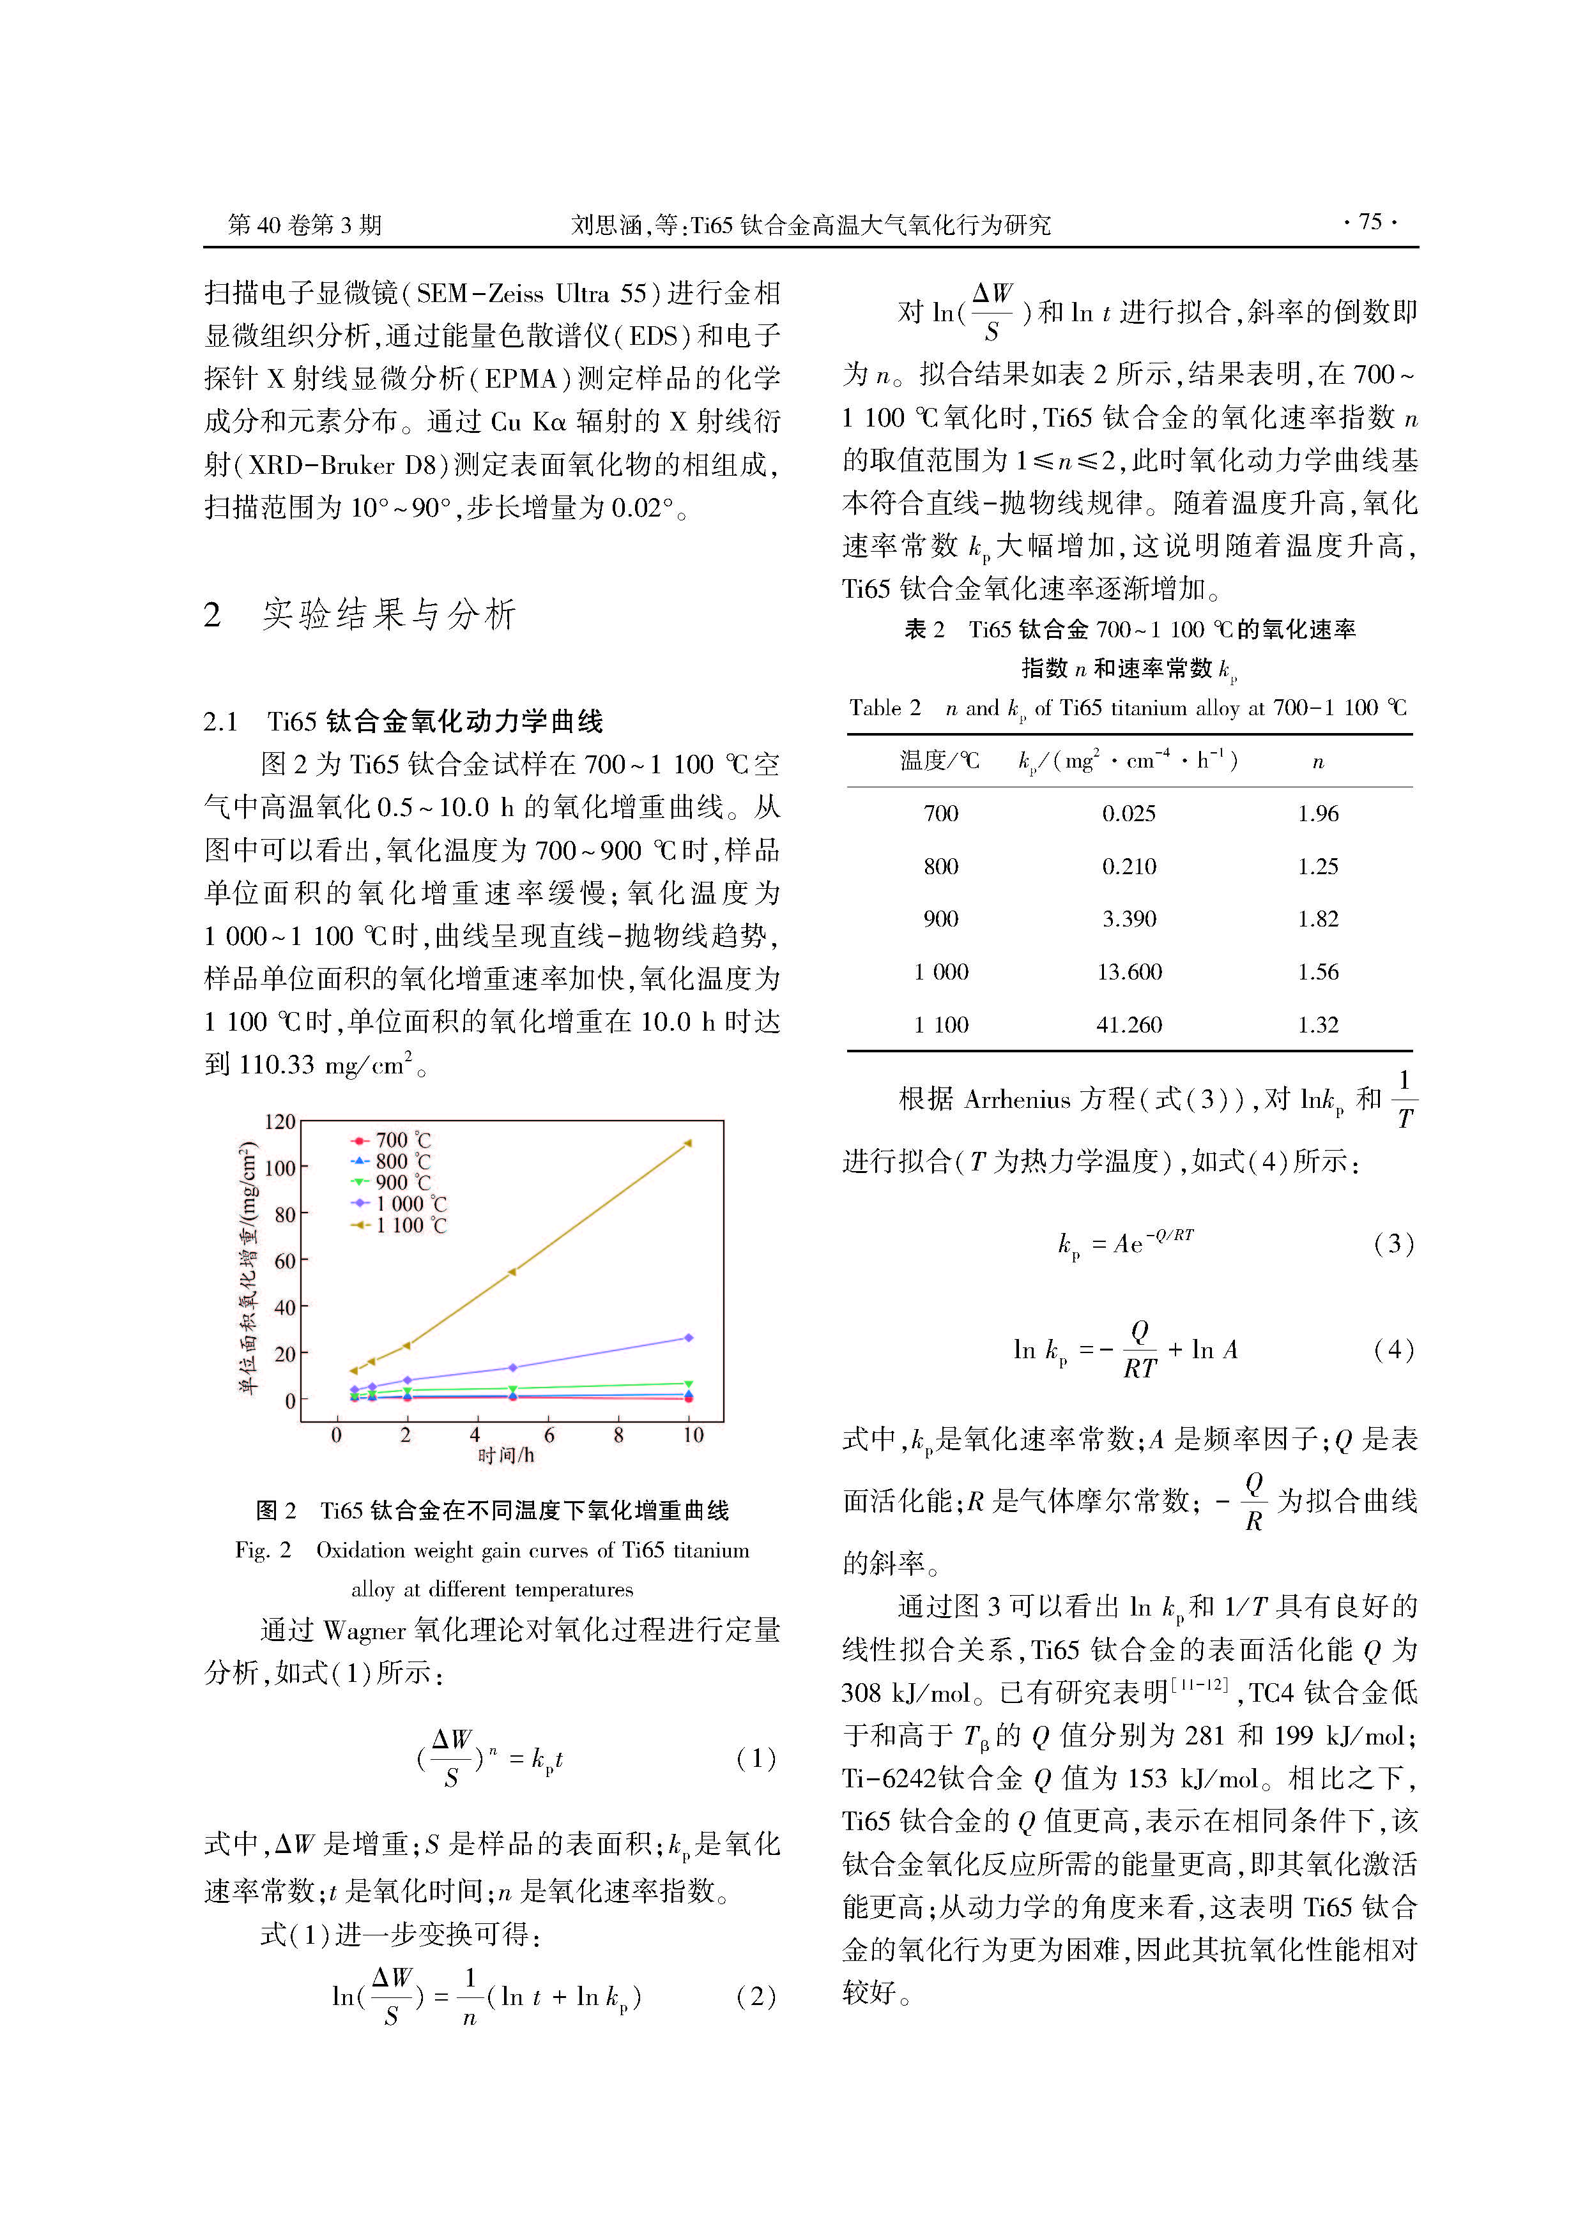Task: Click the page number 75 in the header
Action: point(1370,222)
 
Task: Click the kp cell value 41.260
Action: point(1129,1024)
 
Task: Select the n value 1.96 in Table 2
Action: point(1317,814)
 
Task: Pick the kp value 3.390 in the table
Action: point(1129,919)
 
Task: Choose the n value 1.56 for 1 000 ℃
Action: point(1317,972)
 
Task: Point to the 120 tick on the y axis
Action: point(279,1122)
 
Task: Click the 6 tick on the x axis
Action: point(549,1435)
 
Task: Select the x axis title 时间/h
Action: point(505,1456)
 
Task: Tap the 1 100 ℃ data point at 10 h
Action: point(688,1142)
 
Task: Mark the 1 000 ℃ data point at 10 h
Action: point(688,1338)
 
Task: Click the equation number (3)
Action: point(1393,1244)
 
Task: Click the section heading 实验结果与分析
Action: point(388,615)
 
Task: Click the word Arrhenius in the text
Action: point(1017,1100)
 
